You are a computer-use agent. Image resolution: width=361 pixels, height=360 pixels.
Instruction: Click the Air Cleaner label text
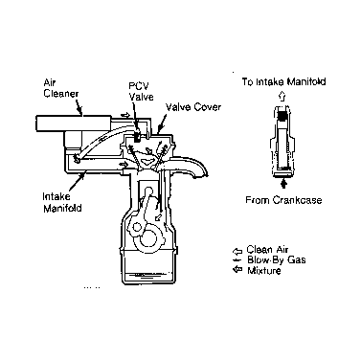click(x=61, y=88)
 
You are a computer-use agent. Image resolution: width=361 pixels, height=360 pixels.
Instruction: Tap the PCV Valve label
click(x=141, y=91)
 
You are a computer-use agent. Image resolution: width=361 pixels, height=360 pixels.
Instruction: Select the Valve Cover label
click(x=193, y=107)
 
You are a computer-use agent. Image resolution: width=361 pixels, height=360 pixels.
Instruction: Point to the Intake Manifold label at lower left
click(x=62, y=202)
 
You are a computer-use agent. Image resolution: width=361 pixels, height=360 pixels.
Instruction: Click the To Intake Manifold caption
click(x=283, y=81)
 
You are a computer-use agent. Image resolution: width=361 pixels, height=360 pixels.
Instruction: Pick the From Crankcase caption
click(x=283, y=200)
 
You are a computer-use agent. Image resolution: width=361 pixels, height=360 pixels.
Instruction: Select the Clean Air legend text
click(x=267, y=249)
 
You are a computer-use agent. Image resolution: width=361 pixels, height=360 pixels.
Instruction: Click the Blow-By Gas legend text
click(x=277, y=259)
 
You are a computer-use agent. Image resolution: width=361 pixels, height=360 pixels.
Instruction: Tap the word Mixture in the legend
click(x=264, y=271)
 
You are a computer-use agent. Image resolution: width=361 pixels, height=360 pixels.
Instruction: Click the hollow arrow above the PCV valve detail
click(x=282, y=96)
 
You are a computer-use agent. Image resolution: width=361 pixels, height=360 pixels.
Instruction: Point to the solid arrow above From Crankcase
click(x=283, y=183)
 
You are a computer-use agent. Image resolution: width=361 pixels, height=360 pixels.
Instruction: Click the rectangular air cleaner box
click(x=74, y=124)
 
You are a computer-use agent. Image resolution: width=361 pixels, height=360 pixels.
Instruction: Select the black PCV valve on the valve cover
click(x=138, y=136)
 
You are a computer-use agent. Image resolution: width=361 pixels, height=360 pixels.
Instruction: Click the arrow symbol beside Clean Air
click(x=237, y=251)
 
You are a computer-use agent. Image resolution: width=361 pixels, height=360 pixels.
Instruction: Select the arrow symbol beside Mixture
click(x=237, y=270)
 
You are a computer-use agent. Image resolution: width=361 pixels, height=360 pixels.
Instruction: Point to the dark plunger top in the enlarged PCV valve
click(x=282, y=117)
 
